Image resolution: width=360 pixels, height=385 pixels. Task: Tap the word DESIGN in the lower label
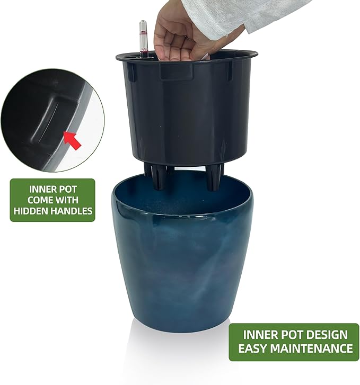click(324, 335)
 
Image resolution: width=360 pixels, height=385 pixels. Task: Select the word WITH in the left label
click(68, 200)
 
